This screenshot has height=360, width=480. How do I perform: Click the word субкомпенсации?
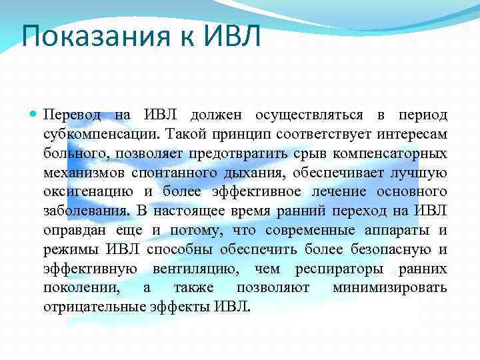click(x=94, y=134)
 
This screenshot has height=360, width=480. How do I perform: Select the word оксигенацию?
click(x=87, y=192)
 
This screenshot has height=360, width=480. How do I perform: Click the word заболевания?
click(x=86, y=211)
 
